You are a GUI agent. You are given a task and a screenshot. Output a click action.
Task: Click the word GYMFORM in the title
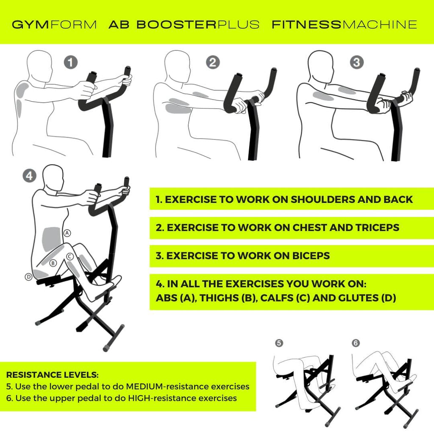click(x=54, y=25)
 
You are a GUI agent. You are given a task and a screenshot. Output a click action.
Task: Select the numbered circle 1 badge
click(x=71, y=63)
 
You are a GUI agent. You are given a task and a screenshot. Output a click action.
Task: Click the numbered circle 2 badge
click(x=213, y=63)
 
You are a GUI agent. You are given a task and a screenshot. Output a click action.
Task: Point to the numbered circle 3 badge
click(x=356, y=63)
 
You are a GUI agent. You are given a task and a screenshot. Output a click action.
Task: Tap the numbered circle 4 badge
click(x=29, y=175)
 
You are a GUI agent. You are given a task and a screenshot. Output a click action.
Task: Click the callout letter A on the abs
click(x=67, y=233)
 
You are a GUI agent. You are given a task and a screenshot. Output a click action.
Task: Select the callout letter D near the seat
click(x=28, y=277)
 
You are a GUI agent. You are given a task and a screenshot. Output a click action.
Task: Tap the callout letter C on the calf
click(x=70, y=256)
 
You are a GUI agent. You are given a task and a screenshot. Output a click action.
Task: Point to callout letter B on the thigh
click(x=53, y=263)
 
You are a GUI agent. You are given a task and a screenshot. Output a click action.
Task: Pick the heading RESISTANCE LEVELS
click(x=52, y=375)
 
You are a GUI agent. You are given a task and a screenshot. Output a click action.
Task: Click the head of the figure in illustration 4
click(x=53, y=177)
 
